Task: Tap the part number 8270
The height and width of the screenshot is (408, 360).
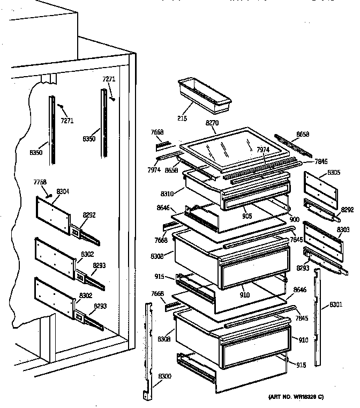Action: [x=213, y=123]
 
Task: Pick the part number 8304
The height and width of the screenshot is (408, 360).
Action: [x=62, y=191]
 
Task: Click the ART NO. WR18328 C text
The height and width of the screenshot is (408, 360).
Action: [x=295, y=397]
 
